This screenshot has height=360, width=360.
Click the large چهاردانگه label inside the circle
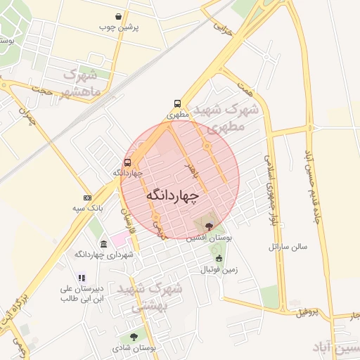coord(173,195)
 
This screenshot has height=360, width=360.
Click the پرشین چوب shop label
coord(119,27)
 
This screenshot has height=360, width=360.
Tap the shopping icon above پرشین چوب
coord(119,15)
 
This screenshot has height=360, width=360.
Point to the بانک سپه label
coord(88,209)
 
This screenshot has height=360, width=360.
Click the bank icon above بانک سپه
coord(87,198)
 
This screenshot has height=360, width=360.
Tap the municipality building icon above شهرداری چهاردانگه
coord(104,244)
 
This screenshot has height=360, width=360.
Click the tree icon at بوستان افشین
coord(209,226)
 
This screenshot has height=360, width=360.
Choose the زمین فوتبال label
coord(219,269)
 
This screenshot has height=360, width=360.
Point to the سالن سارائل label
coord(284,247)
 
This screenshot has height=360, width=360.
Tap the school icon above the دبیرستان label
coord(82,278)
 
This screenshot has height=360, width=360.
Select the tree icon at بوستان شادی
coord(134,337)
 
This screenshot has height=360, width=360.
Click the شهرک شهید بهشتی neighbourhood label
coord(149,297)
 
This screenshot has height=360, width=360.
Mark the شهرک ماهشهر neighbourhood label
coord(82,82)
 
